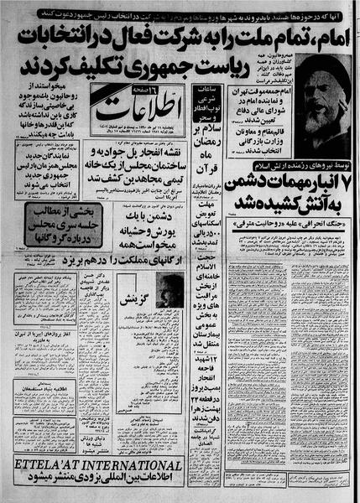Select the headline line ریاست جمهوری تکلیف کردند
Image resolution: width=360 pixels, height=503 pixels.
tap(180, 66)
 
